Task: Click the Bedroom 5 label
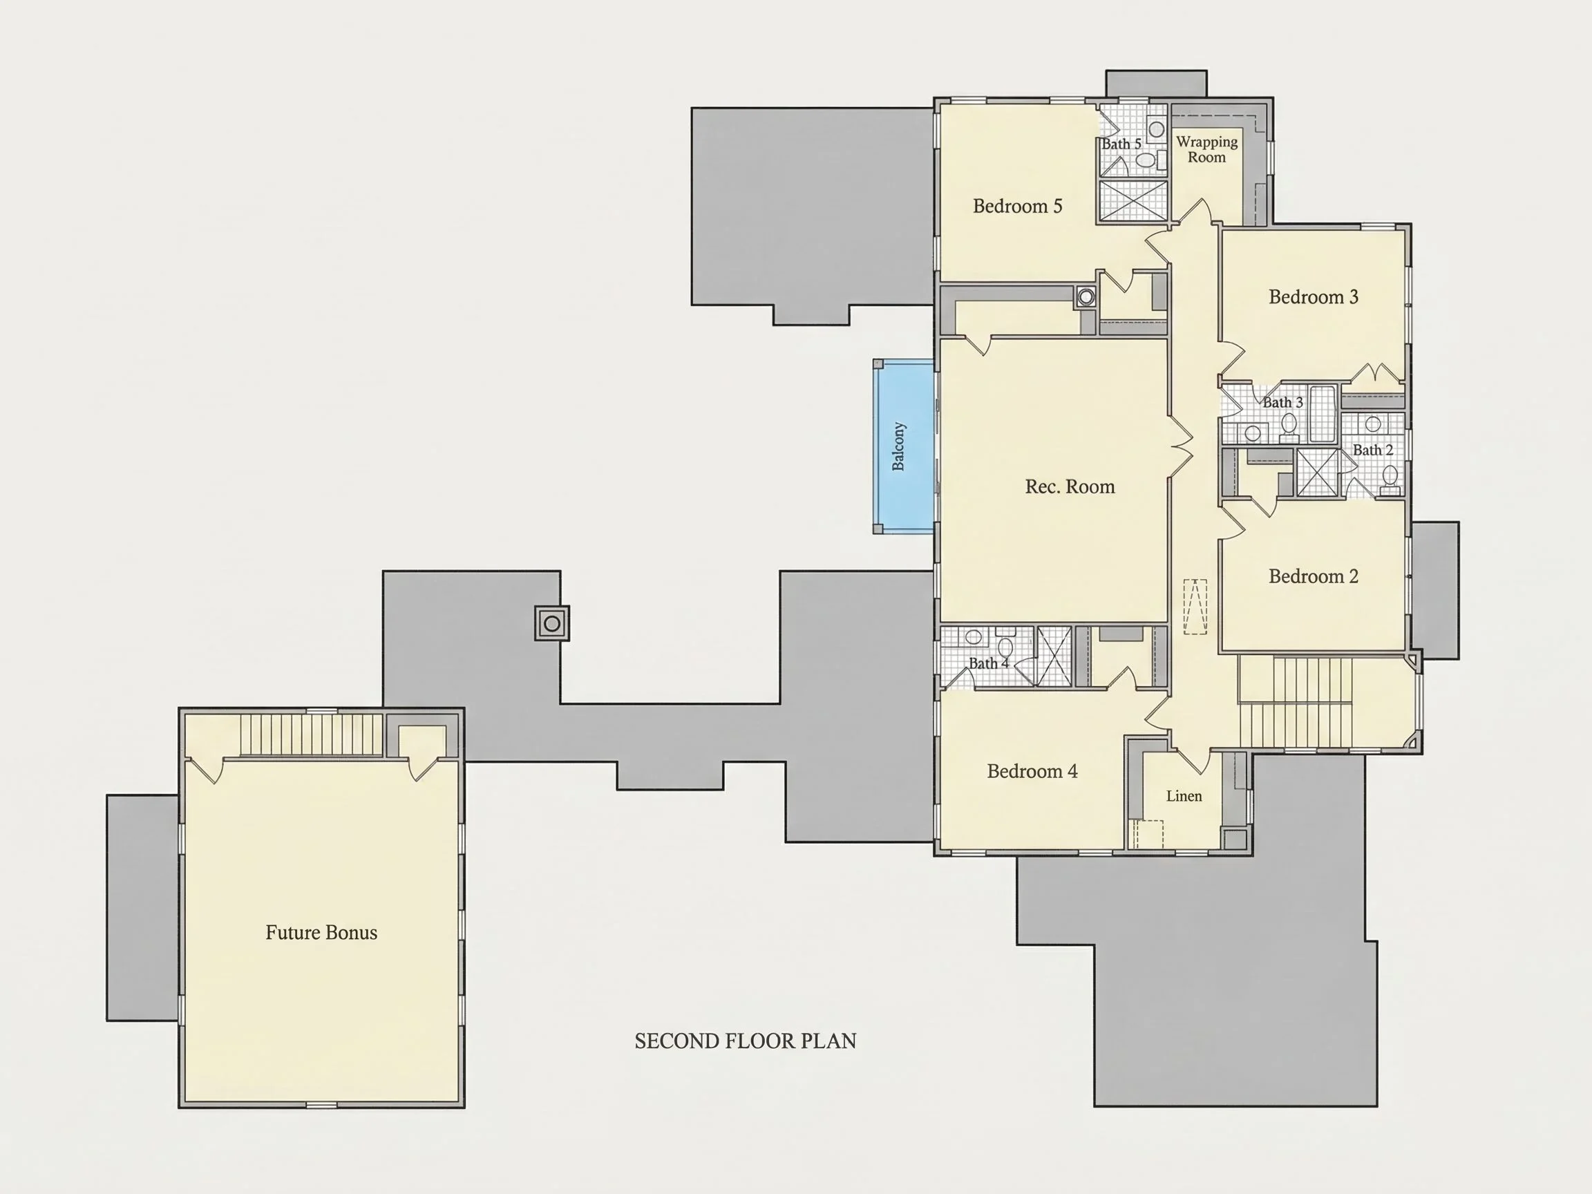click(x=1017, y=207)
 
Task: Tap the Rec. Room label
click(x=1070, y=487)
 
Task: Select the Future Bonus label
click(x=321, y=933)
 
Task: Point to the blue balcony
click(x=904, y=446)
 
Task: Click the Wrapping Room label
click(x=1207, y=150)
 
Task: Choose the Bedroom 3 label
click(x=1314, y=297)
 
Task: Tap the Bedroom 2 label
click(x=1314, y=576)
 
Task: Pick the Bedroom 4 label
click(x=1032, y=772)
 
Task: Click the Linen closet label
click(x=1184, y=796)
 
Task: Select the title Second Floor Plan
click(x=746, y=1041)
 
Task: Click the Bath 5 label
click(x=1121, y=144)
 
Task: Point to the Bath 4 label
click(x=988, y=663)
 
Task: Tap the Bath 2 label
click(x=1372, y=451)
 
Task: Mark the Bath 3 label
click(x=1282, y=403)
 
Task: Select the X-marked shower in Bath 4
click(x=1053, y=656)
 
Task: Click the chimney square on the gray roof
click(x=552, y=623)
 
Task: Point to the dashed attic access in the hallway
click(x=1195, y=607)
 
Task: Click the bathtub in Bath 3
click(x=1322, y=415)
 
